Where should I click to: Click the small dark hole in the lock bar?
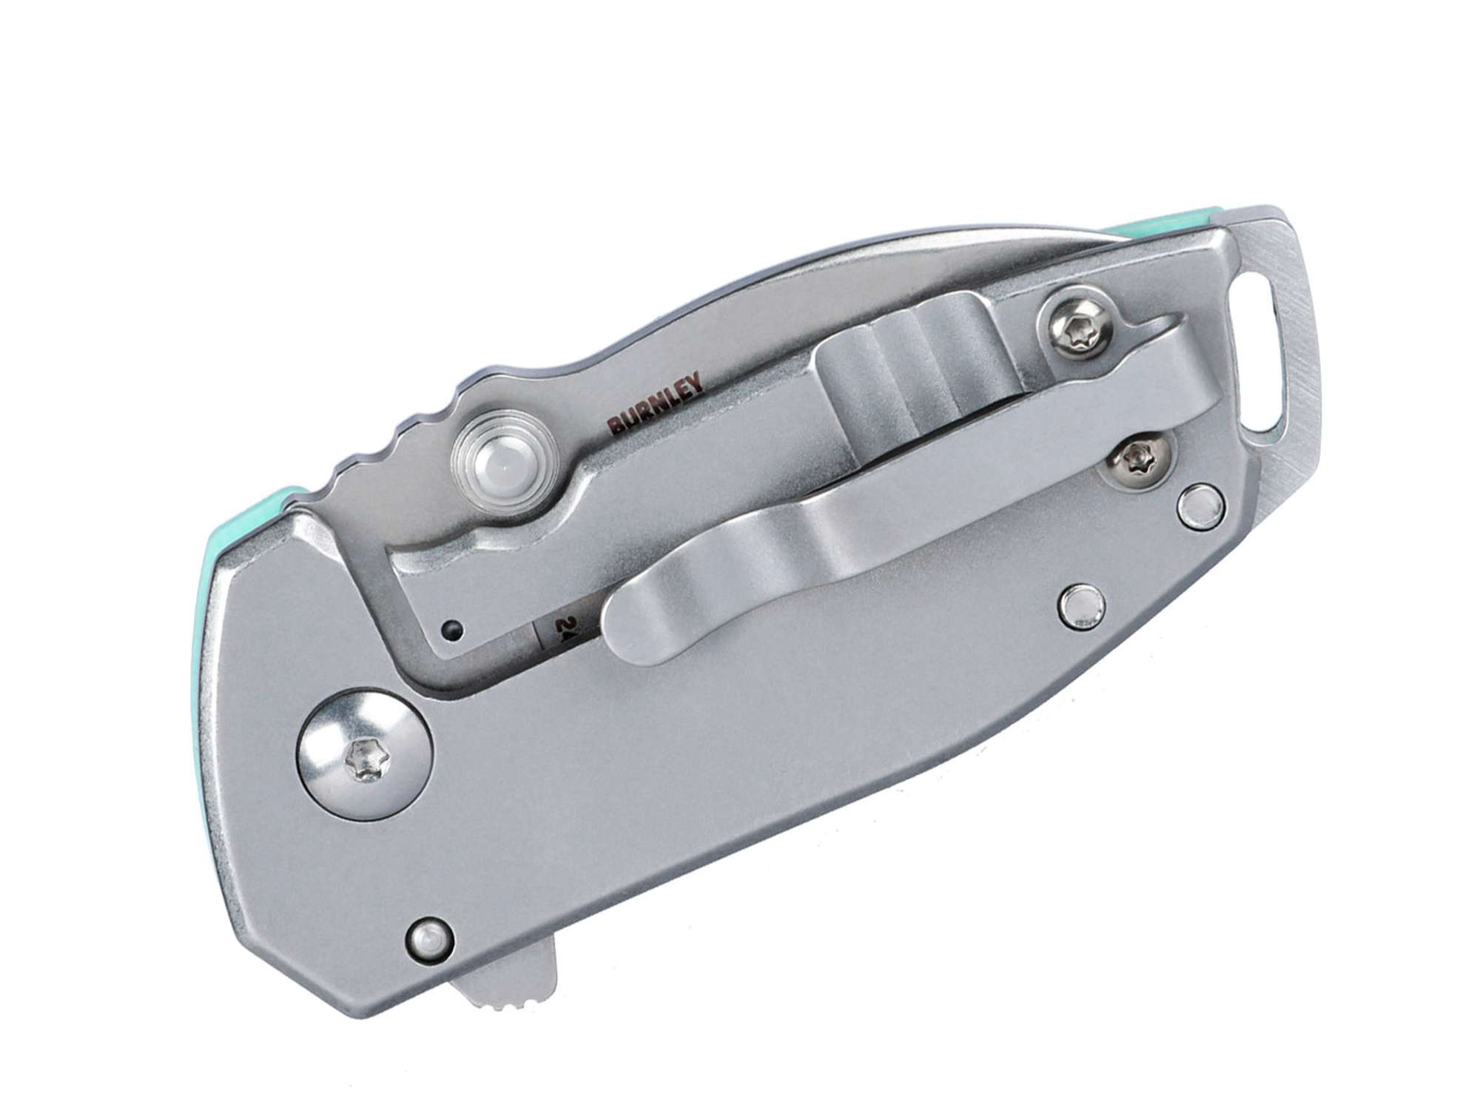452,631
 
